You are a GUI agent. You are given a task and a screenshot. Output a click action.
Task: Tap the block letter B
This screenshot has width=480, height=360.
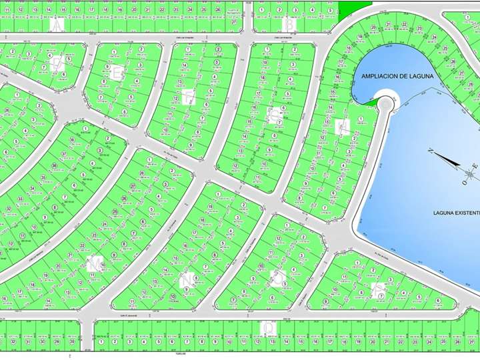coord(290,24)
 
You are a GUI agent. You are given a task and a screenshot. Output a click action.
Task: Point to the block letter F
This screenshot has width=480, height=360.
coord(189,98)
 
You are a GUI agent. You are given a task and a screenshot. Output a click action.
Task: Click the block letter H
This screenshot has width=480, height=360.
coord(343,125)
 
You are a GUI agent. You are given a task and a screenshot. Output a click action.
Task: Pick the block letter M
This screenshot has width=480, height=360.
coord(95,263)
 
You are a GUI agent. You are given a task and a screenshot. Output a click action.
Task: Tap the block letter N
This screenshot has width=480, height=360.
coord(189,279)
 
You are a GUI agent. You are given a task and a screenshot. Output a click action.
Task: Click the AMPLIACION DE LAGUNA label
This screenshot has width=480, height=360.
coord(397,76)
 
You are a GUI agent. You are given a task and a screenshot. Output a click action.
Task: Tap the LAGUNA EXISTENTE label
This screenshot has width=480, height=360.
coord(456,213)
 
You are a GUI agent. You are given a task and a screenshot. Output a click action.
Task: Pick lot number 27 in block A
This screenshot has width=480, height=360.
coord(234,22)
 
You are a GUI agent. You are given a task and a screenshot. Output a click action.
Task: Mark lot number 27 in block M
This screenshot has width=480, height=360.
coord(133,186)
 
